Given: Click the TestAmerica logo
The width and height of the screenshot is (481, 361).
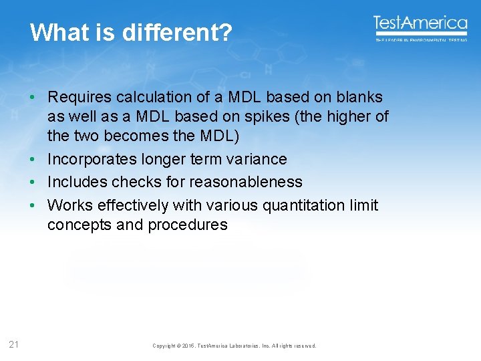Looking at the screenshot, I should point(420,25).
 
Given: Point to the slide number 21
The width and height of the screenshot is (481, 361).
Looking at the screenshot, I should point(14,345).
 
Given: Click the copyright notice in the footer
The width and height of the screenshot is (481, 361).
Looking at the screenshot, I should point(234,346).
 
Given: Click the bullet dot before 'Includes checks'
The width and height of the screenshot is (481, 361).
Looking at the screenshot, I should point(31,182).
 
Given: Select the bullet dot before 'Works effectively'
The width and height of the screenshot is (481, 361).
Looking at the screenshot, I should point(31,205).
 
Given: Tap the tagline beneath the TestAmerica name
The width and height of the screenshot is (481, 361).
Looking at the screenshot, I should point(420,40).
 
